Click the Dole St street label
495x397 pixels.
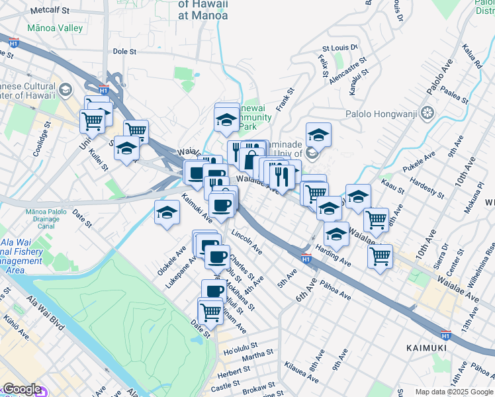tap(124, 50)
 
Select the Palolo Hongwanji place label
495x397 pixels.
tap(381, 113)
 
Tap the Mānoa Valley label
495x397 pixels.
tap(55, 28)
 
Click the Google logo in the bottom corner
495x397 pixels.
tap(22, 389)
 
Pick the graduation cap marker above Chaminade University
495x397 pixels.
tap(318, 134)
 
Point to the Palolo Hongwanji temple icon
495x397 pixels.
tap(427, 113)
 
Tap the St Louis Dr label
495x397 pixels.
tap(339, 48)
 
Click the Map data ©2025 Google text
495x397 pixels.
tap(455, 392)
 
